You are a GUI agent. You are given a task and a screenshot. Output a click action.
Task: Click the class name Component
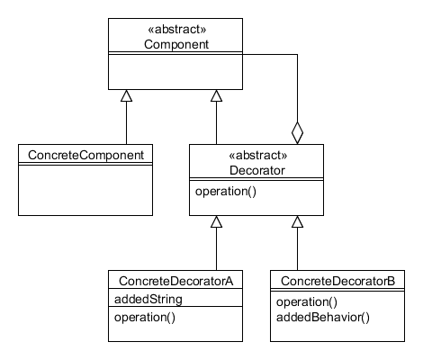coord(176,44)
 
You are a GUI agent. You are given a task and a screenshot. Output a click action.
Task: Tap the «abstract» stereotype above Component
coord(177,30)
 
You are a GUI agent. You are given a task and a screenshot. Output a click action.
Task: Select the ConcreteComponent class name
coord(85,155)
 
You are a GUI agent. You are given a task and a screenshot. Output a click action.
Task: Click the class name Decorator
coord(257,170)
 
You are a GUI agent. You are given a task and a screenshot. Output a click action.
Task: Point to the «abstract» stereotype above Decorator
coord(258,156)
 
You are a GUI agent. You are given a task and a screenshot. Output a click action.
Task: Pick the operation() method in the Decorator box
coord(226,192)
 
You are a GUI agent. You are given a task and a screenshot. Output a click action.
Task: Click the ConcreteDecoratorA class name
coord(176,281)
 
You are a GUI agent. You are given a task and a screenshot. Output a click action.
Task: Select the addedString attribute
coord(148,299)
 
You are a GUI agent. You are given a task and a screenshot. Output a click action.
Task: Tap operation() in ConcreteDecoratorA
coord(145,318)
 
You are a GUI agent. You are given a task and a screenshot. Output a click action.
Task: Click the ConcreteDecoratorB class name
coord(337,281)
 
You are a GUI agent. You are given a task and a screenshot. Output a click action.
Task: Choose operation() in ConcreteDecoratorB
coord(307,302)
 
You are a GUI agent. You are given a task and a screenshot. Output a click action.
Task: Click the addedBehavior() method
coord(323,318)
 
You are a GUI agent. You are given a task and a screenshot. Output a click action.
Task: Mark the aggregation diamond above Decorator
coord(297,133)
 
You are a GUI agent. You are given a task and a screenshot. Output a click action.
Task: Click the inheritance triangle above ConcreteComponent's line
coord(126,95)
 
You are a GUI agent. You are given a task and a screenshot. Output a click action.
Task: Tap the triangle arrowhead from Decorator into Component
coord(216,95)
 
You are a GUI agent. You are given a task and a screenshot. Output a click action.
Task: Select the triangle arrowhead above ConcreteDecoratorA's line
coord(216,221)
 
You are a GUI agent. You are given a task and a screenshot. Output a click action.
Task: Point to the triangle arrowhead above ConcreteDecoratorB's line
coord(297,221)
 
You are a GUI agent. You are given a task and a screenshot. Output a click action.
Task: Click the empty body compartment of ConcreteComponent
coord(85,190)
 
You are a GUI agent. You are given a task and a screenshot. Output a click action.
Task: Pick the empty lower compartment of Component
coord(175,72)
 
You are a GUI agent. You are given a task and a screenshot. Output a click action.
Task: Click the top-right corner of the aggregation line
coord(297,54)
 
